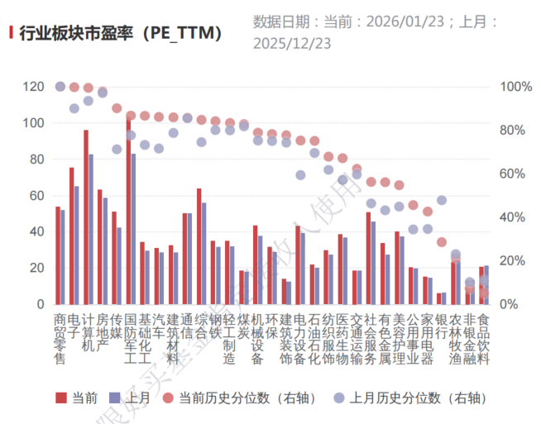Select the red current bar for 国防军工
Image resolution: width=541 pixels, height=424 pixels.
coord(128,212)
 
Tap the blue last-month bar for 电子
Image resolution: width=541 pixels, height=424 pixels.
coord(77,245)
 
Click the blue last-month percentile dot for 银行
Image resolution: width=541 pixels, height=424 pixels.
coord(442,200)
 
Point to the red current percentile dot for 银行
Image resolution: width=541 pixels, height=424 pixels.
coord(442,242)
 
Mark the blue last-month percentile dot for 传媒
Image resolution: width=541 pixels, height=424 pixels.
coord(117,150)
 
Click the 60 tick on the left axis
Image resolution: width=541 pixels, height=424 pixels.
coord(37,196)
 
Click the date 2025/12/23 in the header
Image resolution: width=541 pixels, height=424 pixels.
coord(292,42)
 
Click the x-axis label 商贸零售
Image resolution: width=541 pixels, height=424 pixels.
coord(60,338)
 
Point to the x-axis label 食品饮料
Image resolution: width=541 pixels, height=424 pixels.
coord(485,338)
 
